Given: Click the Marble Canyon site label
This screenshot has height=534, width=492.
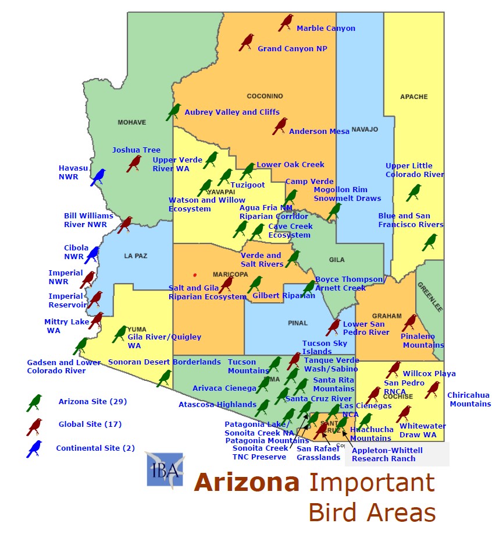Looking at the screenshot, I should point(326,28).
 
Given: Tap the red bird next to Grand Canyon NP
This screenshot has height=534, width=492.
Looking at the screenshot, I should point(247,42).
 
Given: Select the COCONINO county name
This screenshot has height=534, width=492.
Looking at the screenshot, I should point(265,96).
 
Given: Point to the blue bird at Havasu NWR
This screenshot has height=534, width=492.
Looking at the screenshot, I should point(98,177).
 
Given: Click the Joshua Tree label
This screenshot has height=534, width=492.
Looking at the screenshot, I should point(136,150).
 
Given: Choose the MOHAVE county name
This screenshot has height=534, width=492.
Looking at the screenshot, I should point(131,122).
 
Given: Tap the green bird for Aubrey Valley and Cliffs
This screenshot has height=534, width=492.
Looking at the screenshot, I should point(173,111).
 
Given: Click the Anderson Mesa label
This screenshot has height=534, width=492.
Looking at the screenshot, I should point(319,132).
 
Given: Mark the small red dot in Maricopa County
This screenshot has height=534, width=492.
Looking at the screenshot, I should point(195,275).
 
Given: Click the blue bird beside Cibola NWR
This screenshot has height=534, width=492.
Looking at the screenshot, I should point(92,254).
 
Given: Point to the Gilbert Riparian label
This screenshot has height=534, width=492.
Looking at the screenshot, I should point(284,296).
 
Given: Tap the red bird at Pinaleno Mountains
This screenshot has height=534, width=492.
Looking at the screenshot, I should point(409,323).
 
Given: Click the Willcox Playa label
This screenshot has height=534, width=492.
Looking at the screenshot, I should point(429,374).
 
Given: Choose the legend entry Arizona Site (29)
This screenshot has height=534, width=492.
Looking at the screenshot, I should point(92,402).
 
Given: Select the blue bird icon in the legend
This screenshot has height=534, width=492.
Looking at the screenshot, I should point(34,449).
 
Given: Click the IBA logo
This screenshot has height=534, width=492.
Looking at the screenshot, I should point(165,469).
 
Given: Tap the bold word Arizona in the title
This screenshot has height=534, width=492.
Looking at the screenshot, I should point(247,483).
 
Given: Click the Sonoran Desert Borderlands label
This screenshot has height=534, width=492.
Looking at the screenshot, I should point(165,362).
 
